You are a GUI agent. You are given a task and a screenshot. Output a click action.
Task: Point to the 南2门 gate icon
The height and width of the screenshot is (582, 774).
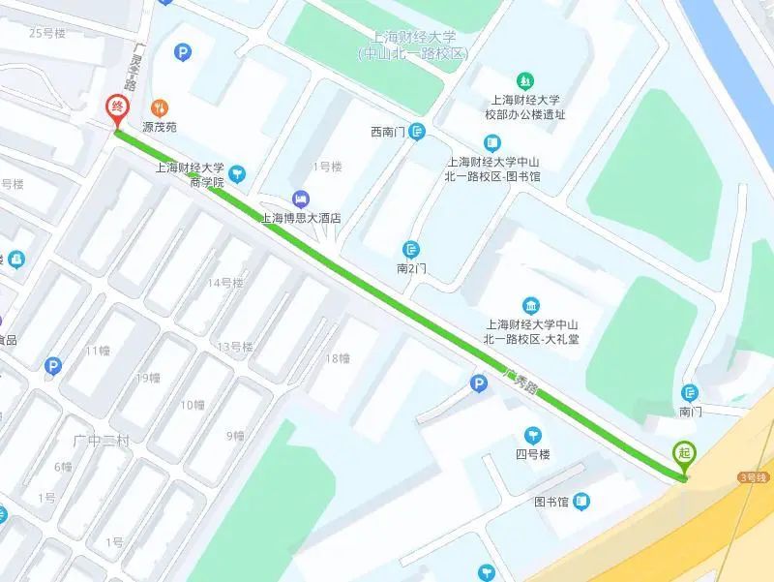click(412, 250)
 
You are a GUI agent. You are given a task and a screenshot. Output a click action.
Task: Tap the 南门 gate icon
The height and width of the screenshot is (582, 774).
click(690, 392)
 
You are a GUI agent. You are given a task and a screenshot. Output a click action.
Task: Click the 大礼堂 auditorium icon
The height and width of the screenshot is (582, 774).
click(529, 304)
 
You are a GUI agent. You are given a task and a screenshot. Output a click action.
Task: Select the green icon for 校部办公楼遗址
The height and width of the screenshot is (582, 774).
click(524, 79)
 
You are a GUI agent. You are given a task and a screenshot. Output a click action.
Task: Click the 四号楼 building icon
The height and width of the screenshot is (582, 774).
click(531, 434)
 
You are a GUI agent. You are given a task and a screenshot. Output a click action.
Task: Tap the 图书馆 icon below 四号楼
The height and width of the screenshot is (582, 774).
click(580, 502)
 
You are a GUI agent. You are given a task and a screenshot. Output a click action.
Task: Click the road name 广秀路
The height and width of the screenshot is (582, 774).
click(520, 381)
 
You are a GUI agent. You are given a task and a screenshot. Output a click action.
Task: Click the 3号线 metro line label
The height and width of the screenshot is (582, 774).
click(751, 476)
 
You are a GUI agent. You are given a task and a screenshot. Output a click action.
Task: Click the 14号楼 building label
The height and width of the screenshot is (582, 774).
click(225, 283)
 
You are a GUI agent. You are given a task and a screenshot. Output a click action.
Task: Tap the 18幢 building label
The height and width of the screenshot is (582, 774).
click(336, 358)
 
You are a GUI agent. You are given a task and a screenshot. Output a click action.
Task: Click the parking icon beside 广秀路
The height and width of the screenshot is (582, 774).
click(477, 385)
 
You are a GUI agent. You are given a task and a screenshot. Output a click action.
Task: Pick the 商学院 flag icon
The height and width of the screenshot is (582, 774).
click(238, 174)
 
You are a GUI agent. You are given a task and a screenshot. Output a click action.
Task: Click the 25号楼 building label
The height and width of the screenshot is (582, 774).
click(46, 33)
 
